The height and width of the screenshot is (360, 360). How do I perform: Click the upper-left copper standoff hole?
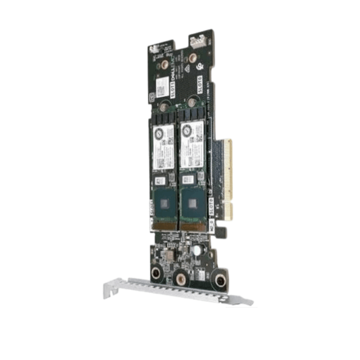tap(157, 65)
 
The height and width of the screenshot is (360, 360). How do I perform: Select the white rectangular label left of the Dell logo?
tap(162, 84)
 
